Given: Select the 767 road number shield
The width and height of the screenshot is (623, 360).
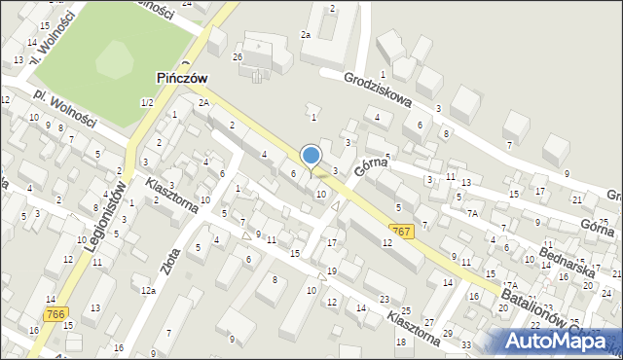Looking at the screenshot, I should (x=398, y=230).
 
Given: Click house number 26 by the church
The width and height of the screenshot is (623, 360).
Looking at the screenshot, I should (x=237, y=56).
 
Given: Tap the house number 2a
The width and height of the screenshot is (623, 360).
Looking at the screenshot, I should (x=305, y=34).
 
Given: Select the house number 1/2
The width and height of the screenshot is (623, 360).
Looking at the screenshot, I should (x=147, y=102).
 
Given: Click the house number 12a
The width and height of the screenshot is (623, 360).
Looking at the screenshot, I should (x=148, y=290).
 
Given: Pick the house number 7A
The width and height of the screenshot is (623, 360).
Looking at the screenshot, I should (x=472, y=212).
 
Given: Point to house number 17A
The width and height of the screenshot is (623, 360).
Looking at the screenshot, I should (x=510, y=286).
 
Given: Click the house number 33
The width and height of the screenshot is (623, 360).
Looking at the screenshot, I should (x=466, y=345).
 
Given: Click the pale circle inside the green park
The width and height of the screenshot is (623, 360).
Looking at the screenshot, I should (x=117, y=61).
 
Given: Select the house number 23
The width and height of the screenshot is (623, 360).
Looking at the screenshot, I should (x=385, y=299).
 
